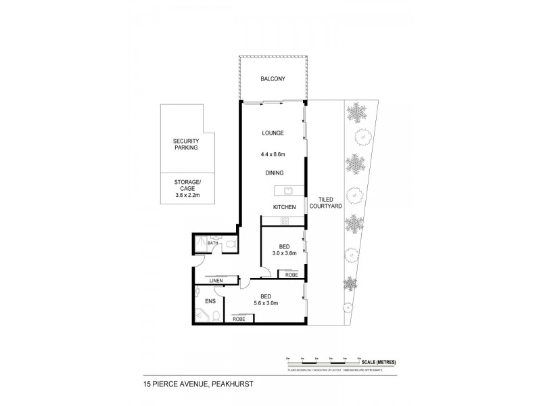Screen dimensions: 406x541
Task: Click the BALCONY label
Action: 273,79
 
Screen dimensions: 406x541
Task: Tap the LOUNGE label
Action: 273,133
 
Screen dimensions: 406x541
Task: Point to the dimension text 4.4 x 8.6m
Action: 273,153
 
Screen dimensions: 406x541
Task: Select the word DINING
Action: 274,173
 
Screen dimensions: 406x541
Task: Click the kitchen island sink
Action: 287,191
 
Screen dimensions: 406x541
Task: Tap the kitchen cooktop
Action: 283,221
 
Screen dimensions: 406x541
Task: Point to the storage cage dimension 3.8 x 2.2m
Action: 186,196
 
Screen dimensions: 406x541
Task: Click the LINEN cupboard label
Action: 216,279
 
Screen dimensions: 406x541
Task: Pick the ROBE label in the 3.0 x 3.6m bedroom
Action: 291,275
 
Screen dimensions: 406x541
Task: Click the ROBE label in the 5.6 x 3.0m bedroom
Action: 239,317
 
